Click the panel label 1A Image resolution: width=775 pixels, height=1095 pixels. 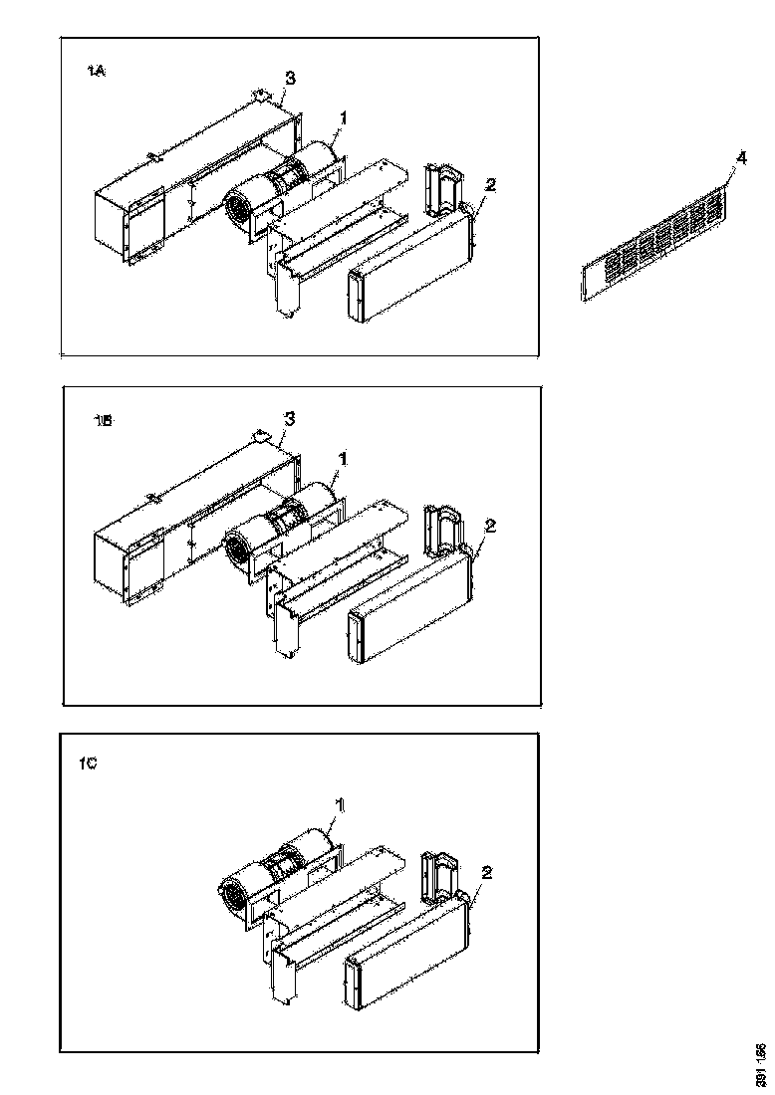(x=97, y=72)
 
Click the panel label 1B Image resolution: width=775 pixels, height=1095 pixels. (x=103, y=421)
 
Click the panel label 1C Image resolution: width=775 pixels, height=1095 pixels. (x=88, y=765)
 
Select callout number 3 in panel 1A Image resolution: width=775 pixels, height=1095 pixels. (x=290, y=77)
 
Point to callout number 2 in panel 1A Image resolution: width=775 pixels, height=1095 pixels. (x=488, y=185)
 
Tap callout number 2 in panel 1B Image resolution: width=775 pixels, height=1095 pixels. (x=488, y=525)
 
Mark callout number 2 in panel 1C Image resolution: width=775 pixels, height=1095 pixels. (x=486, y=872)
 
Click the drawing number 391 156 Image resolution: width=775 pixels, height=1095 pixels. (x=760, y=1064)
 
